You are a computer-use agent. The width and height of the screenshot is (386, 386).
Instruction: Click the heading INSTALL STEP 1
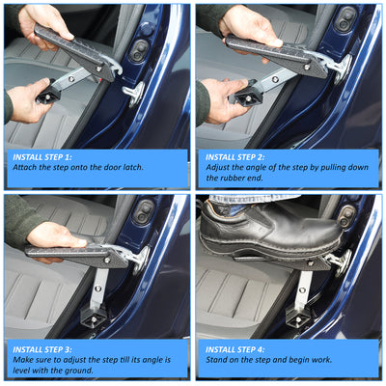pyautogui.click(x=42, y=157)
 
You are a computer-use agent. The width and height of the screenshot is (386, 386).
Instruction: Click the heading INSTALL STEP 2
pyautogui.click(x=235, y=157)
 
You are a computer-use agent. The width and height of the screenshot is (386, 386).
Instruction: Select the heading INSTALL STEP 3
pyautogui.click(x=42, y=349)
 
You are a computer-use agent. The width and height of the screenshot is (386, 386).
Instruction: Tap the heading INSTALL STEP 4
pyautogui.click(x=235, y=349)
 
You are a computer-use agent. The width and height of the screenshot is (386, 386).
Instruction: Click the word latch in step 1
pyautogui.click(x=132, y=167)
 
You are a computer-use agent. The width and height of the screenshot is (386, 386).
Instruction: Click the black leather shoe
pyautogui.click(x=270, y=229)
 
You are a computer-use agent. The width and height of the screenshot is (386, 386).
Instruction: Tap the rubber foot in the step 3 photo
pyautogui.click(x=93, y=317)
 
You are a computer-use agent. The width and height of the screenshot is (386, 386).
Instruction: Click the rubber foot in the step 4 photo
pyautogui.click(x=298, y=317)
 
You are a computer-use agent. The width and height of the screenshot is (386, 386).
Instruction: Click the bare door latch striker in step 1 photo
pyautogui.click(x=134, y=94)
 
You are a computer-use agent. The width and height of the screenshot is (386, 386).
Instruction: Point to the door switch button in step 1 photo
pyautogui.click(x=140, y=51)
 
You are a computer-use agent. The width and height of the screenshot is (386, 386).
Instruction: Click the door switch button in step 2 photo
pyautogui.click(x=345, y=18)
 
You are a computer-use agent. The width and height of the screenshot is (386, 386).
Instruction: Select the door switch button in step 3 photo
pyautogui.click(x=146, y=210)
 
